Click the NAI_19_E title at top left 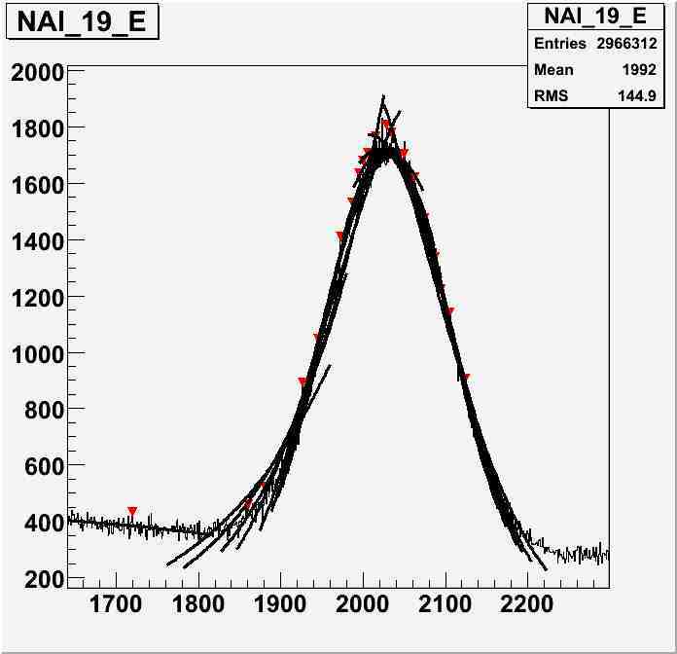[x=82, y=22]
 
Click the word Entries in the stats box [x=560, y=44]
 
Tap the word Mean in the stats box [x=553, y=70]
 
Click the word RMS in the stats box [x=552, y=96]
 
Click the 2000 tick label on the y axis [x=37, y=72]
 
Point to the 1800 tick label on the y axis [x=37, y=128]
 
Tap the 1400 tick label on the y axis [x=37, y=240]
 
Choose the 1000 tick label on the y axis [x=37, y=353]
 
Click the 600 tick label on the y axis [x=43, y=466]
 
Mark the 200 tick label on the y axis [x=43, y=579]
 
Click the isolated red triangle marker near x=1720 [x=132, y=511]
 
